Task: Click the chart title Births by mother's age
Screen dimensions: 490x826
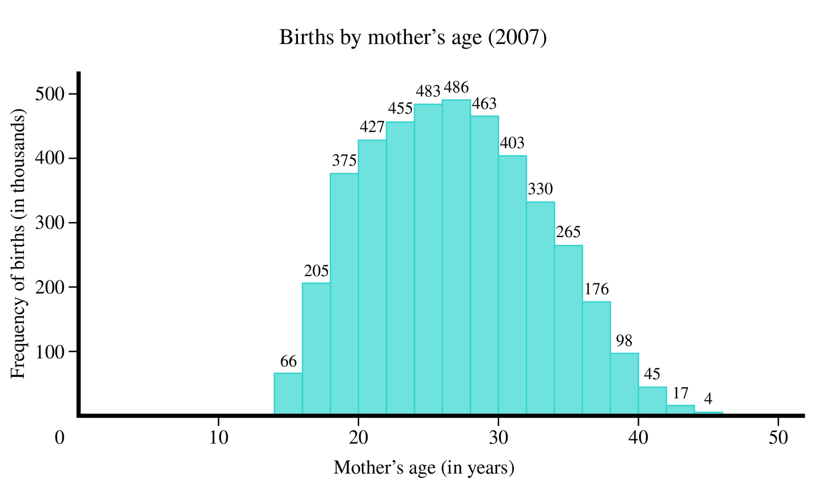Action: (x=412, y=38)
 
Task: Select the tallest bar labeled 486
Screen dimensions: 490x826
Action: (x=456, y=258)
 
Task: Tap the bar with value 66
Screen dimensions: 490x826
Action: (x=288, y=394)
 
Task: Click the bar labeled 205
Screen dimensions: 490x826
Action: (x=316, y=349)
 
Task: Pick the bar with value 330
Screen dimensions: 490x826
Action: (x=541, y=308)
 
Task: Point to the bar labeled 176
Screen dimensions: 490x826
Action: (x=596, y=358)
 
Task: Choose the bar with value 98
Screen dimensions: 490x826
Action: (x=624, y=384)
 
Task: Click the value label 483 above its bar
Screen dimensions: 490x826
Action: (x=428, y=91)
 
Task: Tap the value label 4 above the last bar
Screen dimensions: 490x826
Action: (x=708, y=399)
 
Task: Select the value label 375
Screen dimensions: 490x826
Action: (x=344, y=161)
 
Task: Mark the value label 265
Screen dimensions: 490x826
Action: (x=568, y=232)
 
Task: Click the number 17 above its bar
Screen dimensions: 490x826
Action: (x=680, y=393)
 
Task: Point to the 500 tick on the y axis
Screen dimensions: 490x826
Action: (x=49, y=94)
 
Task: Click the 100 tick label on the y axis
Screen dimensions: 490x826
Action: (x=49, y=352)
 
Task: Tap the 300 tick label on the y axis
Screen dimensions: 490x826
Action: (x=49, y=223)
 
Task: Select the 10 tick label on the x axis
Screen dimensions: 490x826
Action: (x=218, y=438)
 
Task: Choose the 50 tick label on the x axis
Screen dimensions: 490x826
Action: (x=778, y=438)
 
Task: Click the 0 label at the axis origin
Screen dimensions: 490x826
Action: (x=60, y=438)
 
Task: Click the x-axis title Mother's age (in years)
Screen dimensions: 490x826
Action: (x=424, y=468)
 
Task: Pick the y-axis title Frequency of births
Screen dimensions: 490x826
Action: (x=18, y=244)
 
